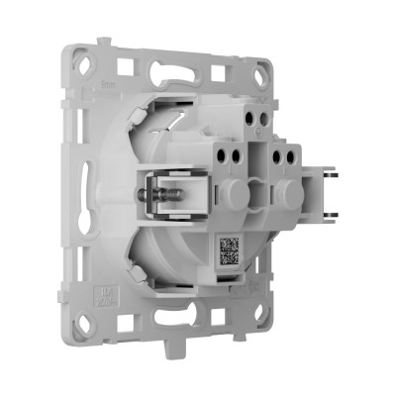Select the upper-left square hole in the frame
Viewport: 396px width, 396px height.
pos(126,68)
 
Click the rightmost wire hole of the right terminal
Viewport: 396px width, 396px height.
pos(295,152)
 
